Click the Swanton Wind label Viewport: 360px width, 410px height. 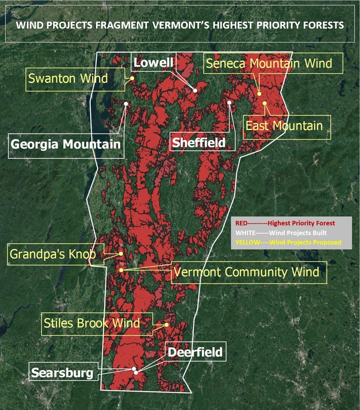pos(68,79)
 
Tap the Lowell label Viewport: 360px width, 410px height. pos(153,63)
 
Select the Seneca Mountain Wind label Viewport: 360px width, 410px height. pos(269,63)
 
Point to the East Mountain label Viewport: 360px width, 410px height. pos(284,126)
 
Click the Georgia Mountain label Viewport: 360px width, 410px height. pos(65,144)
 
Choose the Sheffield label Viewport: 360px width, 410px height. pos(199,142)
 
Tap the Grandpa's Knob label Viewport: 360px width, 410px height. pos(53,254)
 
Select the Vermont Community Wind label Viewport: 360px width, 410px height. pos(246,272)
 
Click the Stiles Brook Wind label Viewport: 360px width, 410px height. pos(92,323)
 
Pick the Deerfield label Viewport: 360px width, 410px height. pos(195,352)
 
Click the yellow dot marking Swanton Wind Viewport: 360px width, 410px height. pos(132,78)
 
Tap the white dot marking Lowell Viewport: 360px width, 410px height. pos(195,90)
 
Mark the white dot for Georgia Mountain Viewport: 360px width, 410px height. pos(126,104)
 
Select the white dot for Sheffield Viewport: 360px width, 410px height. pos(229,103)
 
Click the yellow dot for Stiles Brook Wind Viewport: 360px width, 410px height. pos(167,325)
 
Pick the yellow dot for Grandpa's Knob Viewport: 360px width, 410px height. pos(121,254)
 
